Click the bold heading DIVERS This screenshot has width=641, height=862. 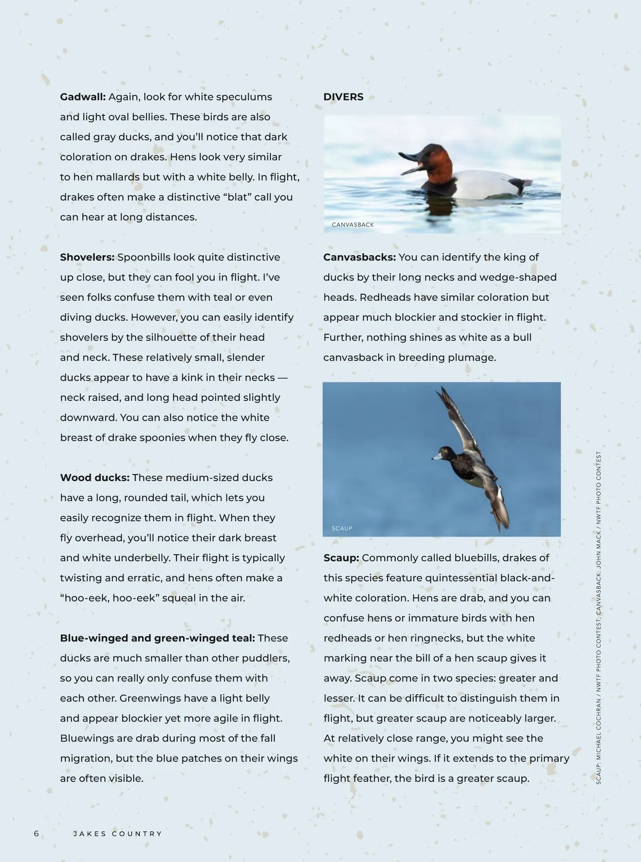tap(343, 97)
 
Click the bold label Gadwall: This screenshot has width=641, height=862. tap(83, 97)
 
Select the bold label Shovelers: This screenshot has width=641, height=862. tap(87, 257)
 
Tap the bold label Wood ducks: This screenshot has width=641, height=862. tap(95, 477)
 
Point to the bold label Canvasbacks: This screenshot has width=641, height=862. tap(359, 257)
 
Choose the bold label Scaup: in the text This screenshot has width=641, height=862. tap(341, 557)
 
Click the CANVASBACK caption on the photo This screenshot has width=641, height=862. tap(353, 225)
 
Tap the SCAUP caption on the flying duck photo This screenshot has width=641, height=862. tap(341, 529)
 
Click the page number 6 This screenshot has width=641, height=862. tap(36, 834)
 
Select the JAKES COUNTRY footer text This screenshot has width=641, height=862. tap(118, 834)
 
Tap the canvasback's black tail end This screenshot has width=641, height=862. tap(520, 185)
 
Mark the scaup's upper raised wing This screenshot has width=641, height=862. tap(457, 417)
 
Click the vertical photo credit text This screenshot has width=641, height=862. tap(599, 617)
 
